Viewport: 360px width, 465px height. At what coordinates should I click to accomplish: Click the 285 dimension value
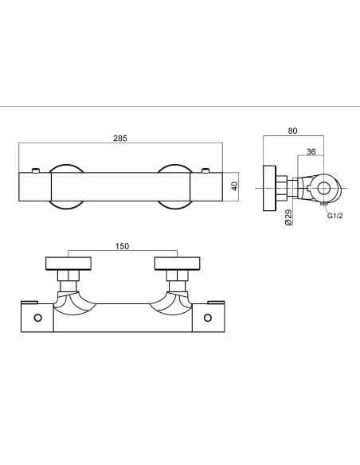(x=120, y=139)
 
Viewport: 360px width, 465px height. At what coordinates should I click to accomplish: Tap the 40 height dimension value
(x=235, y=186)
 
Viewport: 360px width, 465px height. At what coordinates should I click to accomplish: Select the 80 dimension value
(x=292, y=131)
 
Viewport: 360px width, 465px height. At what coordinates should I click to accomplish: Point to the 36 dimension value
(x=311, y=152)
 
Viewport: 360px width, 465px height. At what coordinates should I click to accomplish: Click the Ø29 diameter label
(x=288, y=217)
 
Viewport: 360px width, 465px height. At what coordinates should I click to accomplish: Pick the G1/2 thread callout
(x=335, y=216)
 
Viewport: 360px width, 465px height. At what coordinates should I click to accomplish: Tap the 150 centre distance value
(x=122, y=246)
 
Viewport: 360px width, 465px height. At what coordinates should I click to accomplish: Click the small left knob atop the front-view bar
(x=36, y=170)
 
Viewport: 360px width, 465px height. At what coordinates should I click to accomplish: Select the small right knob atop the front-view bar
(x=205, y=170)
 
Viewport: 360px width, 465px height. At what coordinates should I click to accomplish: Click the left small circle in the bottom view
(x=37, y=318)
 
